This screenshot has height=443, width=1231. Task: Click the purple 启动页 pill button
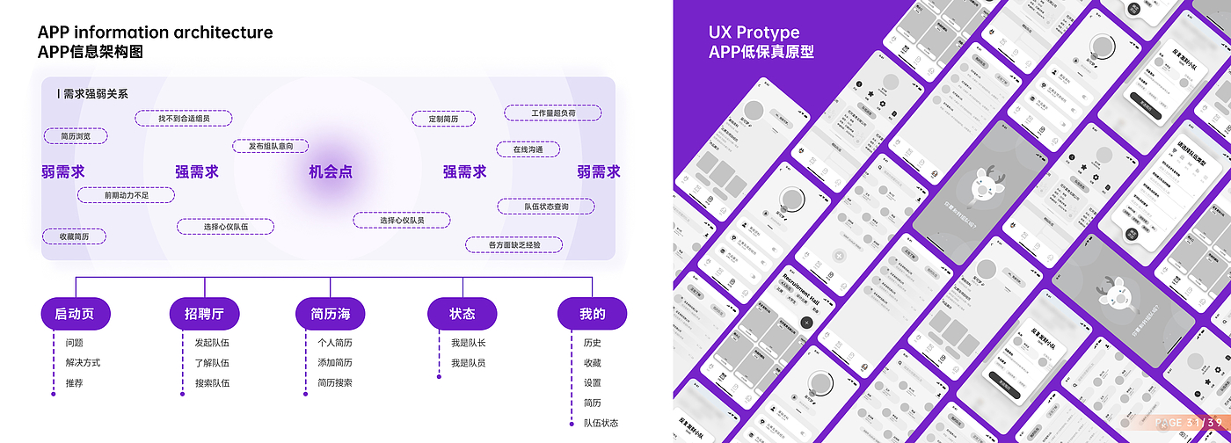[75, 314]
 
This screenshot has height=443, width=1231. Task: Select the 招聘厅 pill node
[204, 314]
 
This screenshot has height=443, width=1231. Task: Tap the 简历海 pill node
[331, 314]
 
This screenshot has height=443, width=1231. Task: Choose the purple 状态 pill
[462, 314]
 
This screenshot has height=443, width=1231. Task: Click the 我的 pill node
[592, 314]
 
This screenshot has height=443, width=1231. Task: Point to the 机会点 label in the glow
[331, 171]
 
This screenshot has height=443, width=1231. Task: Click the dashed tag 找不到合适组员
[184, 118]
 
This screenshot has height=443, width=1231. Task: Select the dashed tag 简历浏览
[75, 136]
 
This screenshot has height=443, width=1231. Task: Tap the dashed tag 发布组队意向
[277, 146]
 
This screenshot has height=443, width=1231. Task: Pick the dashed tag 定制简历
[443, 119]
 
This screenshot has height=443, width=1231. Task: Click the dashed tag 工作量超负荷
[553, 113]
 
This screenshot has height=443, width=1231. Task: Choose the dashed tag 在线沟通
[528, 149]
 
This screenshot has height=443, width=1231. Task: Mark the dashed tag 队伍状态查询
[546, 207]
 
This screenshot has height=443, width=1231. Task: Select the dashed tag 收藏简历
[74, 236]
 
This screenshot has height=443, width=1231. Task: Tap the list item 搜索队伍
[212, 383]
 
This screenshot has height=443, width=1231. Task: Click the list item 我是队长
[468, 343]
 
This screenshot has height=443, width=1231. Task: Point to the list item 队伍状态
[601, 423]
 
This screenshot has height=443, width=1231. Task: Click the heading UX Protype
[754, 33]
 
